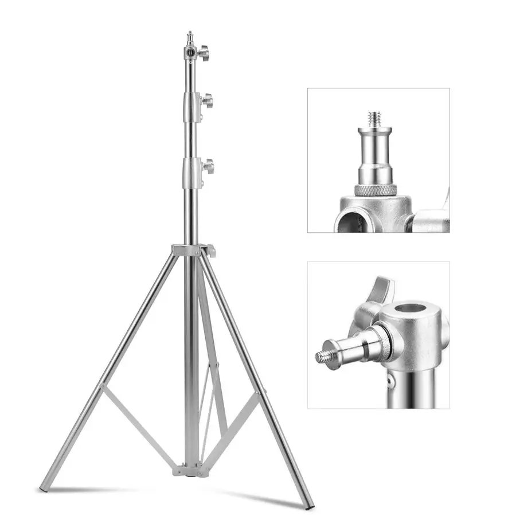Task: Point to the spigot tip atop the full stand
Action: click(190, 36)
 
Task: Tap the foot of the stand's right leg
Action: click(310, 506)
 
